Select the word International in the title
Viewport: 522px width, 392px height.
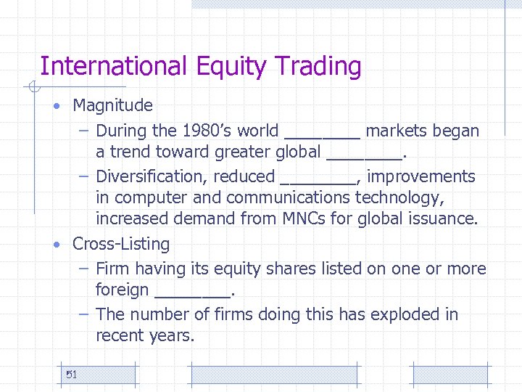click(x=114, y=66)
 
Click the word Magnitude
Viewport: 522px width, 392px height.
click(x=112, y=105)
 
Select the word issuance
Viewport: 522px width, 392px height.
click(x=447, y=219)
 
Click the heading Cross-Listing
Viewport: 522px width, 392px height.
click(x=121, y=244)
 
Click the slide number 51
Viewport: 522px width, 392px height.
click(x=71, y=375)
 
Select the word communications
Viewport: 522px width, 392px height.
click(x=290, y=197)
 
